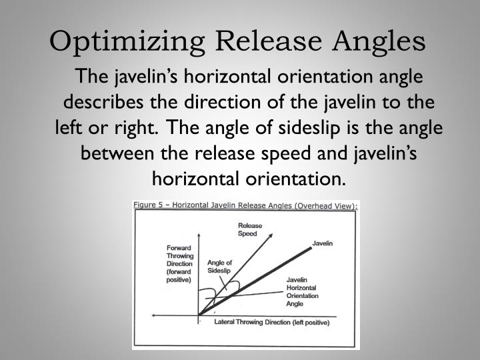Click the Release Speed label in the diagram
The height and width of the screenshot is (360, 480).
pyautogui.click(x=249, y=229)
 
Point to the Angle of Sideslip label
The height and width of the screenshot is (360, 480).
pyautogui.click(x=219, y=267)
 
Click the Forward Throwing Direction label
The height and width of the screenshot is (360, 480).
pyautogui.click(x=179, y=264)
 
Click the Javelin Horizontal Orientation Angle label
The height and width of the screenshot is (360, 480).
pyautogui.click(x=302, y=291)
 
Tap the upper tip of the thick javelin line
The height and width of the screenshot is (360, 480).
pyautogui.click(x=311, y=247)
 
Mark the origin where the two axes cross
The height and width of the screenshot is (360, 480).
pyautogui.click(x=199, y=315)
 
